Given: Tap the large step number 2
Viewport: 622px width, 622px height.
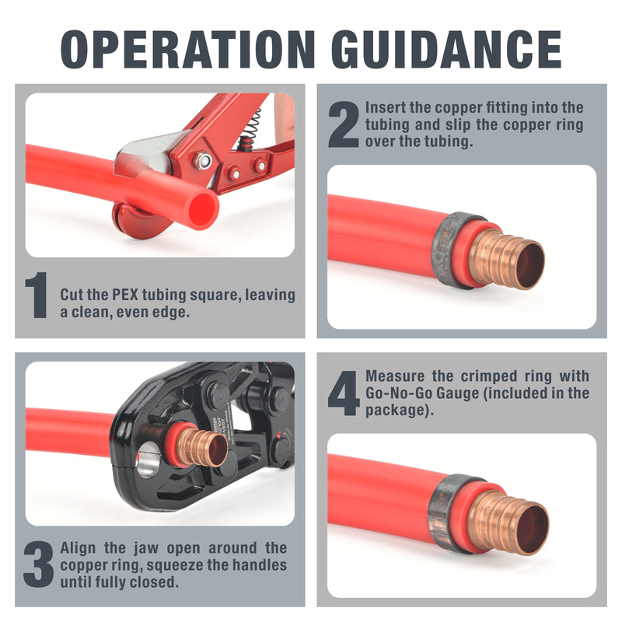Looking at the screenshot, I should [x=343, y=125].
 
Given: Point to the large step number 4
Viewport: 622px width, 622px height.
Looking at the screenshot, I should [x=343, y=393].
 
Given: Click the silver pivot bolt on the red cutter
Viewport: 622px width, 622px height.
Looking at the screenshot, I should [x=204, y=161].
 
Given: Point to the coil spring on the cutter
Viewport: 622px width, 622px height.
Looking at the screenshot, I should [x=251, y=124].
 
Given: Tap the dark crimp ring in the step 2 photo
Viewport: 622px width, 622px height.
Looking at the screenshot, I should [x=449, y=249].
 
